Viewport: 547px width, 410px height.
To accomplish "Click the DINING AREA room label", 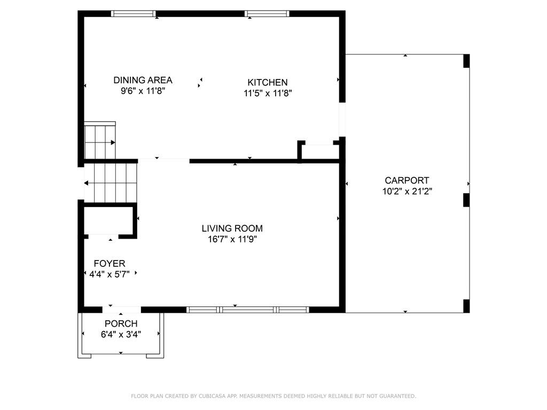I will pyautogui.click(x=143, y=80).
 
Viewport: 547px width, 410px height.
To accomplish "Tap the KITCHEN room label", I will pyautogui.click(x=267, y=82).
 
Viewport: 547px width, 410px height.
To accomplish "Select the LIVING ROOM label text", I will pyautogui.click(x=232, y=228).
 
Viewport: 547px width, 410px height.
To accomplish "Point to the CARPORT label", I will pyautogui.click(x=407, y=180).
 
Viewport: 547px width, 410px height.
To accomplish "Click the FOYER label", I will pyautogui.click(x=110, y=263).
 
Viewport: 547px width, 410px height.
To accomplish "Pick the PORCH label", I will pyautogui.click(x=121, y=324).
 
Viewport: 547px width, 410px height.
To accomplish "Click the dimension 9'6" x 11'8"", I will pyautogui.click(x=143, y=91).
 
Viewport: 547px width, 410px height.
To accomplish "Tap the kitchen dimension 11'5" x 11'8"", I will pyautogui.click(x=267, y=93).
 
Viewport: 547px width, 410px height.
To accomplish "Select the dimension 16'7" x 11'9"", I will pyautogui.click(x=232, y=239).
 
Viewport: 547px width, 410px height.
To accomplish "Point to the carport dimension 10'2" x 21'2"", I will pyautogui.click(x=407, y=191).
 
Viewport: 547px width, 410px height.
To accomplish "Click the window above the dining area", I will pyautogui.click(x=134, y=14).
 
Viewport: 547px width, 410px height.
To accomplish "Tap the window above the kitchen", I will pyautogui.click(x=267, y=14).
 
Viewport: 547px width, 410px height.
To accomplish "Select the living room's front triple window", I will pyautogui.click(x=247, y=309).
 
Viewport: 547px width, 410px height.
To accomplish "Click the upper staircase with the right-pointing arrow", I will pyautogui.click(x=99, y=142).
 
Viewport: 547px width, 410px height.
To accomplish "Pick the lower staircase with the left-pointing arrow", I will pyautogui.click(x=111, y=183).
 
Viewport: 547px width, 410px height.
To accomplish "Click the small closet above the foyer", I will pyautogui.click(x=107, y=220).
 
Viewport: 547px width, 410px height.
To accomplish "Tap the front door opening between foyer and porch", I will pyautogui.click(x=121, y=309).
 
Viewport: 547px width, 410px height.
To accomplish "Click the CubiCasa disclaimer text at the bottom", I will pyautogui.click(x=273, y=396).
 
